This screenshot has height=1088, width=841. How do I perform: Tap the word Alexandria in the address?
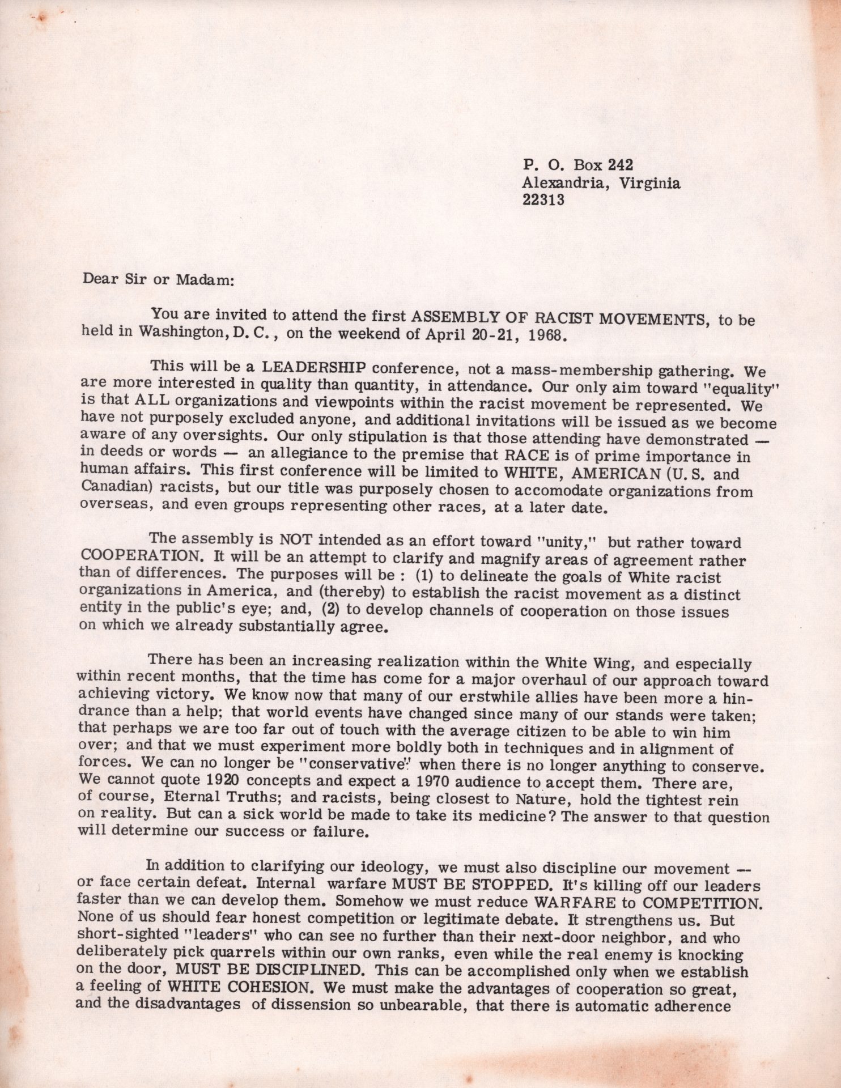[x=560, y=182]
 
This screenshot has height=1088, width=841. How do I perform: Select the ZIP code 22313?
[x=542, y=200]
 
